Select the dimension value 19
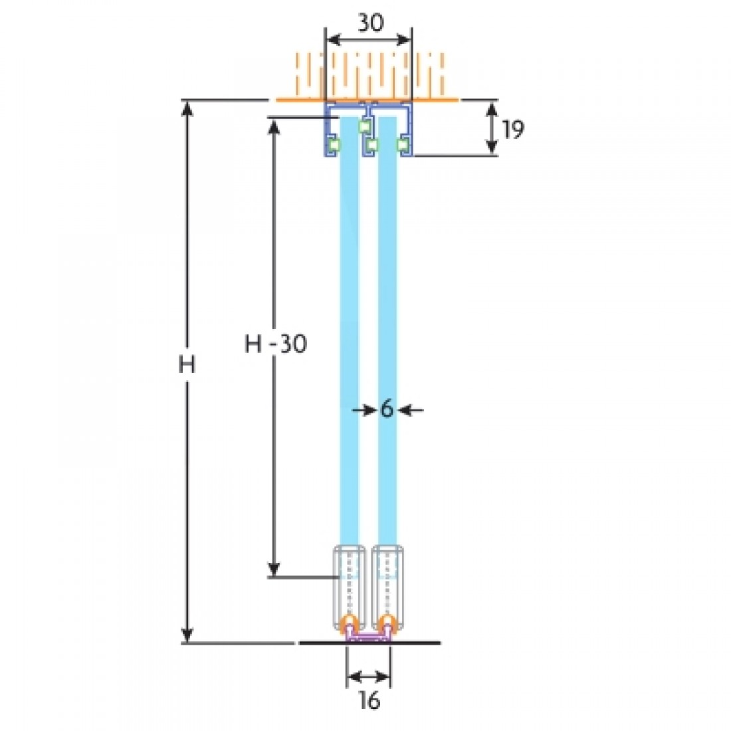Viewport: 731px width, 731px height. [512, 130]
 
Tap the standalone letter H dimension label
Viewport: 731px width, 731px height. [187, 365]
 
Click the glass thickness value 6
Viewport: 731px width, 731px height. [387, 410]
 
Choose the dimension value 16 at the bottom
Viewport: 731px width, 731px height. [368, 700]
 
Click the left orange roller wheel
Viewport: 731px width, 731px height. [350, 624]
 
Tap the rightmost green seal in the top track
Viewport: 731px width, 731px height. [403, 144]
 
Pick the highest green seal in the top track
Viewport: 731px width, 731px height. [364, 125]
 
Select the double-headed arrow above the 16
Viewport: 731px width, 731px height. [368, 677]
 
